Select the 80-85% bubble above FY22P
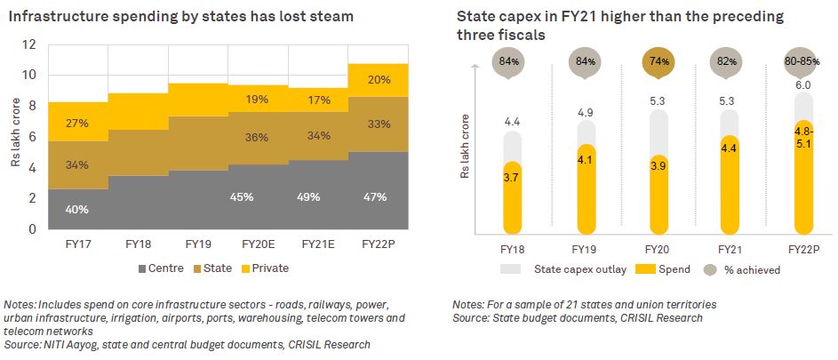pyautogui.click(x=802, y=61)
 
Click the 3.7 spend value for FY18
pyautogui.click(x=513, y=179)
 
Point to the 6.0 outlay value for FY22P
pyautogui.click(x=802, y=84)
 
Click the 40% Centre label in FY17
pyautogui.click(x=76, y=209)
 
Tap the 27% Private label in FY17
pyautogui.click(x=76, y=122)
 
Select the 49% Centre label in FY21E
pyautogui.click(x=310, y=196)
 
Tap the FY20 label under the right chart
pyautogui.click(x=656, y=250)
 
